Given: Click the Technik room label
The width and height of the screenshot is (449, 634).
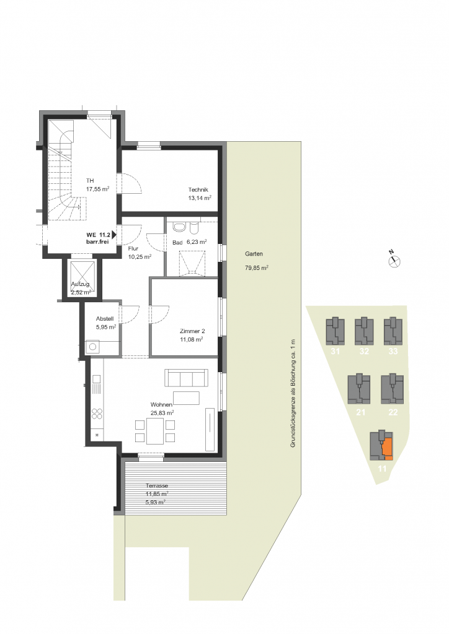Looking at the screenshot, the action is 198,189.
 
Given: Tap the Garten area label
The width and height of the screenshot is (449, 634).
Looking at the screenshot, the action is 254,254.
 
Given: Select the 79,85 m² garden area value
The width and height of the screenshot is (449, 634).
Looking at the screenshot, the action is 257,267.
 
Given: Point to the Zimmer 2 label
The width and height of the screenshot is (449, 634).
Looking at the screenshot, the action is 192,331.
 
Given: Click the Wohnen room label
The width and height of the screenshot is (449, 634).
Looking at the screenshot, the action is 161,404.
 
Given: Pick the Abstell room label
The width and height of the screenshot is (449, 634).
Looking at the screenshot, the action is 104,319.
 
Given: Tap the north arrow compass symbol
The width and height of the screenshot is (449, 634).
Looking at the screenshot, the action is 394,261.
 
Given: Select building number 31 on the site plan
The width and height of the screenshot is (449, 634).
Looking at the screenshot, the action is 336,352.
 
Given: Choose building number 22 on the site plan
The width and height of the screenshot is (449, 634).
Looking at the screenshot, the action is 393,412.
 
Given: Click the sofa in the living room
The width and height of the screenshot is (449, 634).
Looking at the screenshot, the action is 186,378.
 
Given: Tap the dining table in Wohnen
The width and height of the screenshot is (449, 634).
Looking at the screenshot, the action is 155,431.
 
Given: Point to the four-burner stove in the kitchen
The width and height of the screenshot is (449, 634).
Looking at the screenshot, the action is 97,414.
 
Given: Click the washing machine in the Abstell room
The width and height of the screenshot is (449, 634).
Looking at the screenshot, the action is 93,347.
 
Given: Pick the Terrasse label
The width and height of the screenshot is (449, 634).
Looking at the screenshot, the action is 157,485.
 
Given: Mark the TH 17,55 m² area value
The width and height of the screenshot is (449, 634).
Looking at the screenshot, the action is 97,189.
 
